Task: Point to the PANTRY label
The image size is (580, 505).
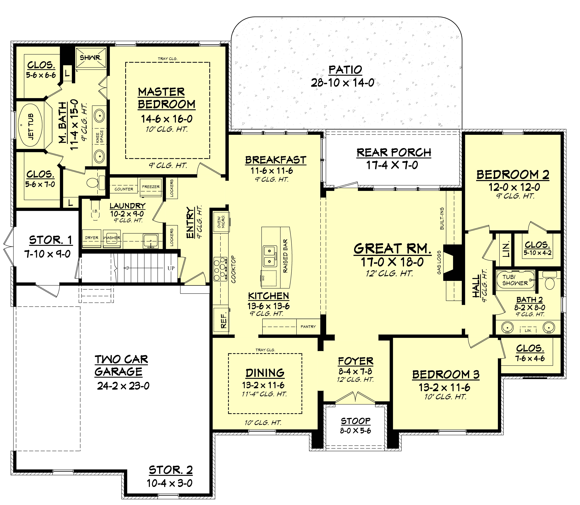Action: (308, 327)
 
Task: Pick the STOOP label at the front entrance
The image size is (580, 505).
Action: (356, 421)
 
